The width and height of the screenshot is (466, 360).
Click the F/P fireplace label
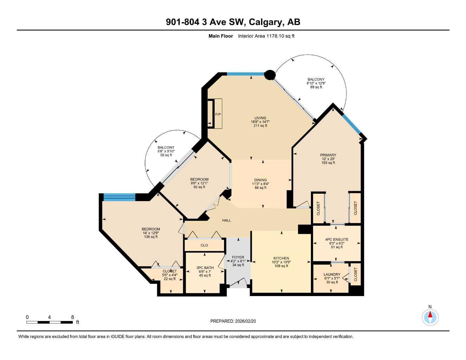[x=218, y=114]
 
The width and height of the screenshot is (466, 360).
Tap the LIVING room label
[x=260, y=118]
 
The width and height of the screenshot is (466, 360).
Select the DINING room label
[x=260, y=180]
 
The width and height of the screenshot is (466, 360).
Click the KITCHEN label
[x=281, y=258]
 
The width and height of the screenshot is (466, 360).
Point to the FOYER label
[x=238, y=257]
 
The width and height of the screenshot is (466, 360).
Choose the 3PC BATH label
[x=205, y=268]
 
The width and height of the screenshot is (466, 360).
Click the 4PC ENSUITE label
[x=337, y=239]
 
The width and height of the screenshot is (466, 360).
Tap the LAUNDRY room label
[x=332, y=275]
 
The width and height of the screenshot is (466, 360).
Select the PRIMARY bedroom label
[x=328, y=155]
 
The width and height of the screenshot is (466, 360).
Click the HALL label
[x=226, y=220]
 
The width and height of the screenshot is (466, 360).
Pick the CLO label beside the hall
[x=204, y=245]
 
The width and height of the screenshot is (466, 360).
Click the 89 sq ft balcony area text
[x=316, y=87]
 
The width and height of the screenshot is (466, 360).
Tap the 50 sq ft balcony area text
[x=166, y=155]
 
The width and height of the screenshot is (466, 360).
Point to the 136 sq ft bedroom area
[x=151, y=237]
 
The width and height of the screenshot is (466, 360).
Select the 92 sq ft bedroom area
[x=199, y=187]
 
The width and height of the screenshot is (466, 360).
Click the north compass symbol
[x=430, y=317]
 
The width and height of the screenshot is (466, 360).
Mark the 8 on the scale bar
[x=72, y=317]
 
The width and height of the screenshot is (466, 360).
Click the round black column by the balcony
[x=269, y=75]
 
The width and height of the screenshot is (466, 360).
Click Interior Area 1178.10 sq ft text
[x=266, y=36]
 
